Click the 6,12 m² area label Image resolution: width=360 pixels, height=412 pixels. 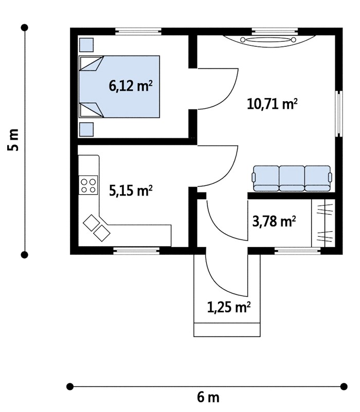point(131,86)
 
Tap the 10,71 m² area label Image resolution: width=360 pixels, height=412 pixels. point(272,104)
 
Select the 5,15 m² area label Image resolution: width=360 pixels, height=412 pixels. point(131,191)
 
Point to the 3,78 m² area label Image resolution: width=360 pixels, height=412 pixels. point(274,221)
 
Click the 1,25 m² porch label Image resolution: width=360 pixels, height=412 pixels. point(229,307)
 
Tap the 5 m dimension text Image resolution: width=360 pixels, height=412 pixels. point(13,140)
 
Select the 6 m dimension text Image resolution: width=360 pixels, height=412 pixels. point(208,397)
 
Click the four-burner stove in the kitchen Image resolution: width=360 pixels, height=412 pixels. point(88,185)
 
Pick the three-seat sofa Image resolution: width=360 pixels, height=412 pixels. point(292,178)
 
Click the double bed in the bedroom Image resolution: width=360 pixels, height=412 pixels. point(119,86)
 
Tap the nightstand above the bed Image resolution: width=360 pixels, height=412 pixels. point(86,45)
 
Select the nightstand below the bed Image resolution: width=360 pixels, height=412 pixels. point(86,129)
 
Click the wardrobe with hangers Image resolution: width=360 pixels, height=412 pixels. point(323,223)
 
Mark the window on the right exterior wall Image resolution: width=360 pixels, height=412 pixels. point(339,114)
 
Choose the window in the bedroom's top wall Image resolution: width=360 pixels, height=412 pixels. point(138,31)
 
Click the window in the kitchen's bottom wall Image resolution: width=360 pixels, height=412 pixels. point(136,251)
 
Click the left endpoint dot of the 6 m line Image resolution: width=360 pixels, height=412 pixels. point(70,386)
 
